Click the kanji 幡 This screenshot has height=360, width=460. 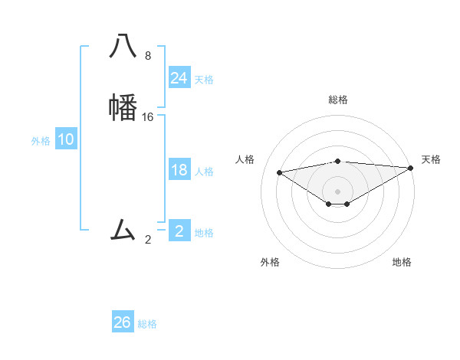pos(123,106)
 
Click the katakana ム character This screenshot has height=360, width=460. pos(123,228)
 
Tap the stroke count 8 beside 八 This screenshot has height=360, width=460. pos(148,56)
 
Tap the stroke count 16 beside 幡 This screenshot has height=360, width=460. pos(148,116)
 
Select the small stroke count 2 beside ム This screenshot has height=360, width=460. pos(148,239)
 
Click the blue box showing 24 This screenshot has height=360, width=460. pos(179,78)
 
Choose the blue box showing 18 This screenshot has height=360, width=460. pos(179,170)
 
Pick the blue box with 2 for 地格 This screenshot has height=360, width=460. pos(179,231)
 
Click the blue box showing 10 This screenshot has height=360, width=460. pos(66,139)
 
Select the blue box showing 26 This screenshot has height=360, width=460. pos(123,322)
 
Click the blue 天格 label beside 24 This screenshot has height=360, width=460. pos(204,80)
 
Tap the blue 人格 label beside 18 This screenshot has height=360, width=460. pos(204,172)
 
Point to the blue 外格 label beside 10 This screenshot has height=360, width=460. pos(41,141)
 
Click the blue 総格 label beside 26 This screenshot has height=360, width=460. pos(147,324)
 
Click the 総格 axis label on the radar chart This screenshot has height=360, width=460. pos(338,100)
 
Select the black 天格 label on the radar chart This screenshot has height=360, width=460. pos(432,159)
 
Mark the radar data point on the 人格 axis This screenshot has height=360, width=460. pos(280,172)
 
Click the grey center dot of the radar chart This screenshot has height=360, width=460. pos(338,191)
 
